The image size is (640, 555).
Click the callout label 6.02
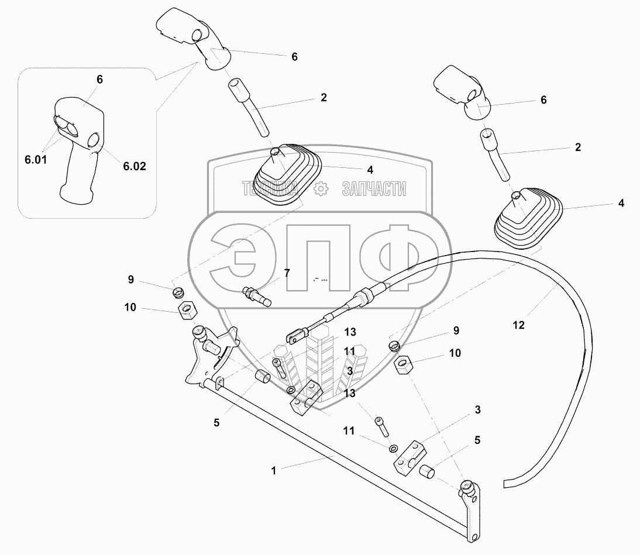tap(134, 166)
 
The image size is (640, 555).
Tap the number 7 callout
tap(287, 273)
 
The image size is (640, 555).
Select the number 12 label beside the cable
tap(518, 323)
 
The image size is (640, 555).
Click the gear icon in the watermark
tap(320, 188)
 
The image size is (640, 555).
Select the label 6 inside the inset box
tap(99, 80)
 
